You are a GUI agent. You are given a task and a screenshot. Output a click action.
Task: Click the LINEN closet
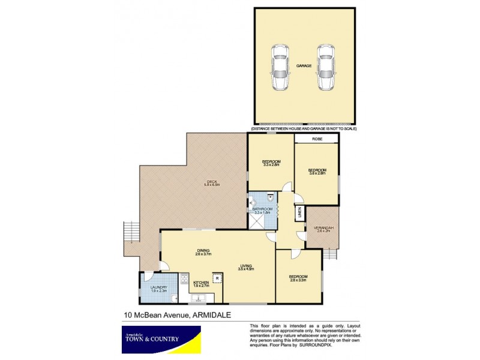pos(298,213)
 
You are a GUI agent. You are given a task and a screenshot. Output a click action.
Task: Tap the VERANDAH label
pos(322,229)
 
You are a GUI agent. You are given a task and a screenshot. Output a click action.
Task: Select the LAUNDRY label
pos(158,289)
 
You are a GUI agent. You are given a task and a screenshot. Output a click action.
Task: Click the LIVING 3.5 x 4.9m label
pos(247,268)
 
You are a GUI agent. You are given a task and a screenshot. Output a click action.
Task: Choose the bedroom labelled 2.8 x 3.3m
pos(298,278)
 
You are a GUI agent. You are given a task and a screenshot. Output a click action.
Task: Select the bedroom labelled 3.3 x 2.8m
pos(269,163)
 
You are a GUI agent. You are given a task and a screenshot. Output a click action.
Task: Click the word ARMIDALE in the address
pos(213,313)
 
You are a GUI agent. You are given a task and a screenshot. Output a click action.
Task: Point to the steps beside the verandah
pos(331,254)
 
